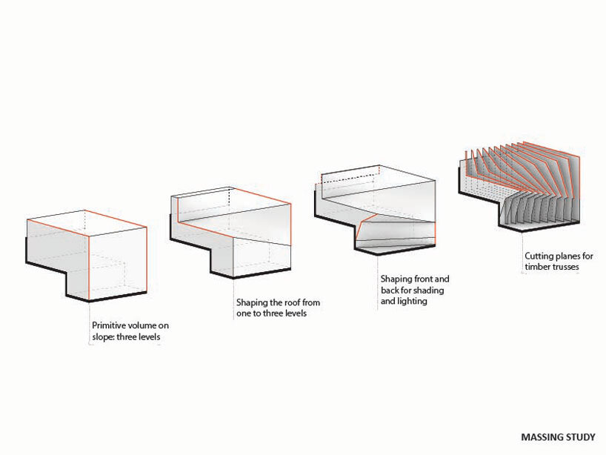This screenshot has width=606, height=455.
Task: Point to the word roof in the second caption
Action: point(293,302)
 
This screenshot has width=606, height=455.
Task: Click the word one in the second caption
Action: point(243,313)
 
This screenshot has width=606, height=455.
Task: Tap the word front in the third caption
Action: point(423,279)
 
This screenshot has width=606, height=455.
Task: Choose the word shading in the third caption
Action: point(430,290)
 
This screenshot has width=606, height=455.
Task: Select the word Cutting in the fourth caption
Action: point(539,256)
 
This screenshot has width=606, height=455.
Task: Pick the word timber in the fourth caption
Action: point(537,267)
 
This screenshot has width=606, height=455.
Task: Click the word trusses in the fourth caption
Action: point(565,267)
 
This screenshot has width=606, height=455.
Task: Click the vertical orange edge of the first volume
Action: point(89,267)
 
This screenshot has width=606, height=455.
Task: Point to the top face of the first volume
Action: point(86,222)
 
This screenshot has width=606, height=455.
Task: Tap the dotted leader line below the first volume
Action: point(90,322)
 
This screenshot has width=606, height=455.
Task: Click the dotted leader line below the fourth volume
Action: point(522,252)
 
